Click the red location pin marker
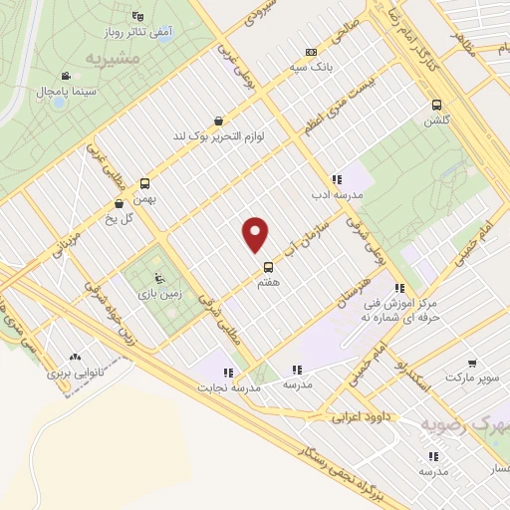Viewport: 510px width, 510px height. pos(256,235)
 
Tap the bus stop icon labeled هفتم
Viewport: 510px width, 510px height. pos(268,267)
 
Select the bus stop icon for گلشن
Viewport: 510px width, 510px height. pos(435,106)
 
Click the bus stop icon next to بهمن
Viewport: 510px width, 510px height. pos(145,183)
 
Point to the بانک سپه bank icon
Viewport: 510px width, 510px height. pos(312,53)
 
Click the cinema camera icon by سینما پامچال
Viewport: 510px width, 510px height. pos(66,77)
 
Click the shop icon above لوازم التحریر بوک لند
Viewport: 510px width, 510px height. pos(217,121)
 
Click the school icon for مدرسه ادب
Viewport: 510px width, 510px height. pos(337,180)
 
